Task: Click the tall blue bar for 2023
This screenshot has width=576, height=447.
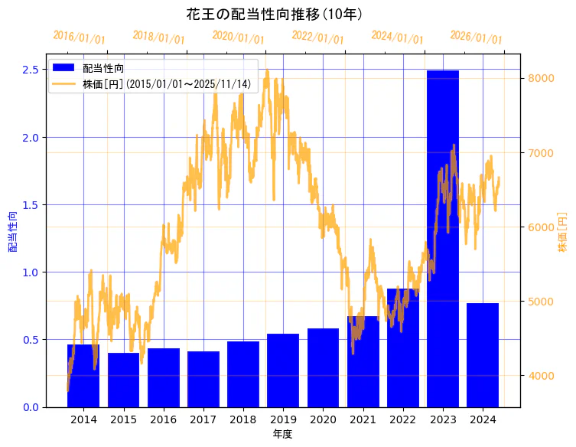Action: [443, 237]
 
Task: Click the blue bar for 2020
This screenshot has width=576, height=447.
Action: [323, 367]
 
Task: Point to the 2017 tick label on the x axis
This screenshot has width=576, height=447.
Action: [203, 420]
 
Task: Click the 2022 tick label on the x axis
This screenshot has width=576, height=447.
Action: [402, 420]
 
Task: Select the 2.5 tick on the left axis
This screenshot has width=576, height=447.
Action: [31, 70]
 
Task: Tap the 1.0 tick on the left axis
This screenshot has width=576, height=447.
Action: [31, 272]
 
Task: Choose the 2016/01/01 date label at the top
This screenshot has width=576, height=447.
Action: [79, 38]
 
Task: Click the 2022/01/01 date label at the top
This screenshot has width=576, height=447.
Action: [317, 38]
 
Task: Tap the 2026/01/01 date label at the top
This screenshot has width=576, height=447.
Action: [476, 38]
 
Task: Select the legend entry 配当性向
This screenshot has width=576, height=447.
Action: [103, 68]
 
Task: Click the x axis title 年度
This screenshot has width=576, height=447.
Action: [282, 435]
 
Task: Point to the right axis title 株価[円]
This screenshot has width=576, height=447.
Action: [563, 233]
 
